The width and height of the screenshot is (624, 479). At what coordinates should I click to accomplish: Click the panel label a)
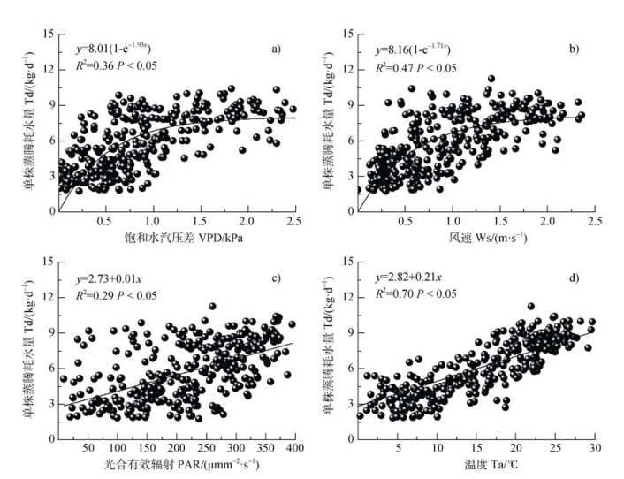(x=276, y=49)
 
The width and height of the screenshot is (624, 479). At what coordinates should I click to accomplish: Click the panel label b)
(x=574, y=49)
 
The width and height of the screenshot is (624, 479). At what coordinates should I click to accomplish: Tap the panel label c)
(x=276, y=279)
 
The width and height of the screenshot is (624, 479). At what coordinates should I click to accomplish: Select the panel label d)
(x=574, y=279)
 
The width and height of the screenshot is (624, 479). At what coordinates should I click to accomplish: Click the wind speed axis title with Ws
(x=475, y=237)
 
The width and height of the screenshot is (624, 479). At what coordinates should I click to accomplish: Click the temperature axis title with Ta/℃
(x=475, y=466)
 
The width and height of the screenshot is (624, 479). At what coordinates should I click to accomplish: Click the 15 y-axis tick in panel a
(x=45, y=34)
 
